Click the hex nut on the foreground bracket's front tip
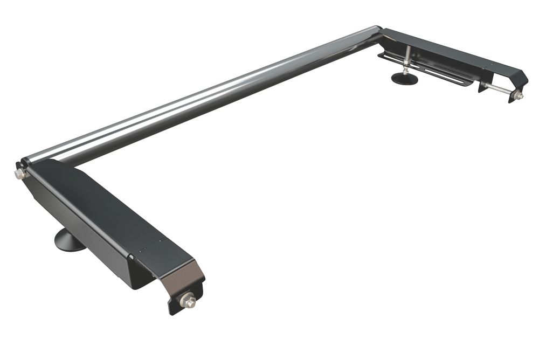pos(188,300)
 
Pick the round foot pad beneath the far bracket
pos(404,79)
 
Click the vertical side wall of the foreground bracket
pos(81,237)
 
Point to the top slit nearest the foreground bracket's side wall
pos(142,250)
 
